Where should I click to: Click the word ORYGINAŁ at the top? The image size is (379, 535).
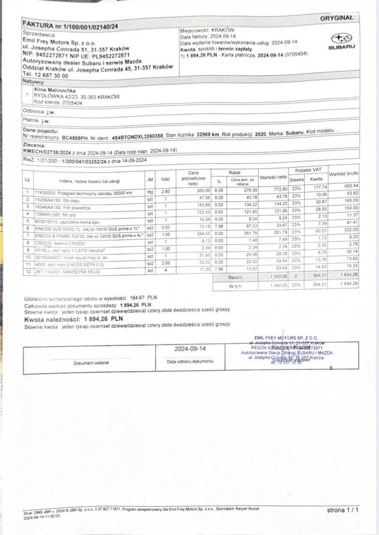(x=336, y=18)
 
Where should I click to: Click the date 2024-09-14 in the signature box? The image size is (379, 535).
(x=190, y=349)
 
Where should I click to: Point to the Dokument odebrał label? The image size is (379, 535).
(x=91, y=363)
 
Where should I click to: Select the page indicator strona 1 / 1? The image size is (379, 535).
(x=343, y=510)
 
